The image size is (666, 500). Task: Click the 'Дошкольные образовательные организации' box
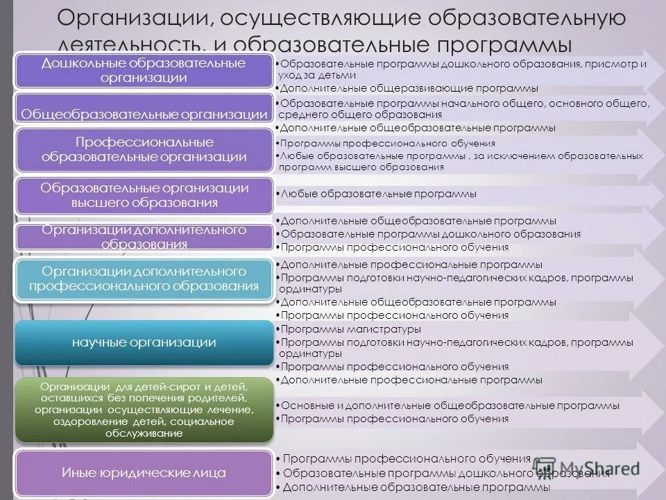144,70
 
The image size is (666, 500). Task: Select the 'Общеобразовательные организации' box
144,113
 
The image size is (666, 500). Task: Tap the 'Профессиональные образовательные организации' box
144,149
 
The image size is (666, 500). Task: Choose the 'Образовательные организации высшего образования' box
144,195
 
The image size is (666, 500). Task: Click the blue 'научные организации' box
144,342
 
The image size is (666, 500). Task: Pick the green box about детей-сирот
144,410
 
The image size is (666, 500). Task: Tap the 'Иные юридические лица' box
144,473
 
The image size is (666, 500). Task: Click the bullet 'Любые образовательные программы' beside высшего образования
379,194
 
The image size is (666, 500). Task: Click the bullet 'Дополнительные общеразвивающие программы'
409,89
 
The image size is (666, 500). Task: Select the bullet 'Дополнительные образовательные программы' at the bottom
416,487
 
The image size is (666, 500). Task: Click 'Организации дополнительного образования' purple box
144,236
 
